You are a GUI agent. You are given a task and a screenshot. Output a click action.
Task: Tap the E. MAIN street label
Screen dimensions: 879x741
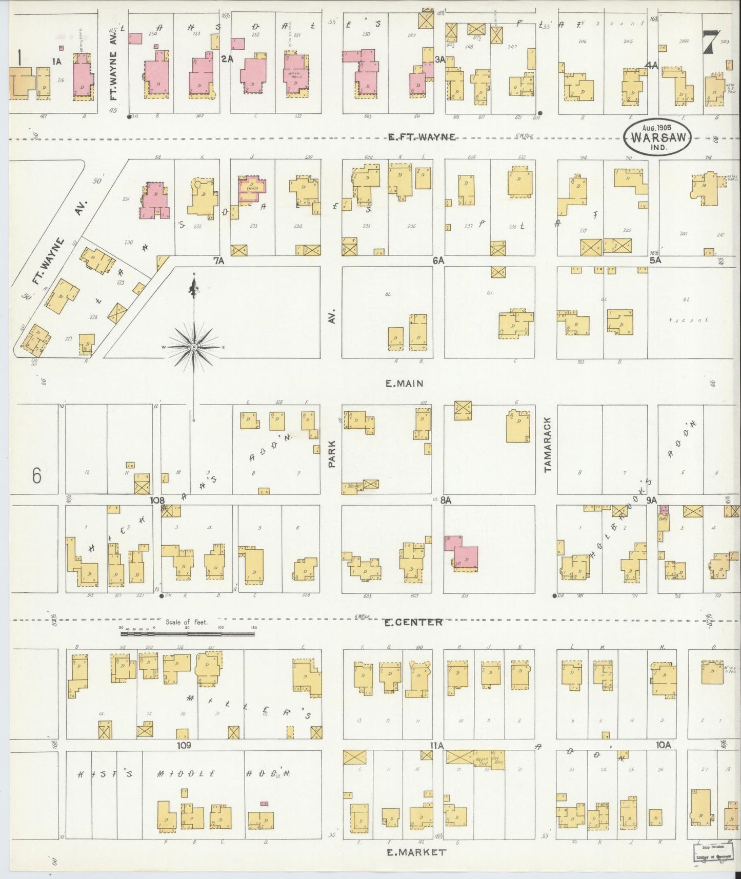[x=405, y=384]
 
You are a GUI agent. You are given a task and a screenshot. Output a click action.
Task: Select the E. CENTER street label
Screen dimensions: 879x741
[x=414, y=622]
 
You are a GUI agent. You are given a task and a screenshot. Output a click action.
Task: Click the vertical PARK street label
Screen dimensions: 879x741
[x=332, y=453]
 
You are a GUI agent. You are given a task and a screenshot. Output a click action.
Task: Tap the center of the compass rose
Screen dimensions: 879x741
[x=194, y=348]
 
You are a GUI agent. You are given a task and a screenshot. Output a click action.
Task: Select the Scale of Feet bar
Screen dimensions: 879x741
[x=187, y=634]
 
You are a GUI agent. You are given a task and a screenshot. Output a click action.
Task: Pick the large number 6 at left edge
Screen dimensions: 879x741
[x=36, y=476]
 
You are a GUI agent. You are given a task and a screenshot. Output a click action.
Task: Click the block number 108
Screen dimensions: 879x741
[x=157, y=500]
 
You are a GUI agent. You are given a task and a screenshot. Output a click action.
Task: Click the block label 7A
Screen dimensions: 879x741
[x=219, y=261]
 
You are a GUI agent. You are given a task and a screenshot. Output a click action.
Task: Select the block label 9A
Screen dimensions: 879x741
[x=652, y=498]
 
